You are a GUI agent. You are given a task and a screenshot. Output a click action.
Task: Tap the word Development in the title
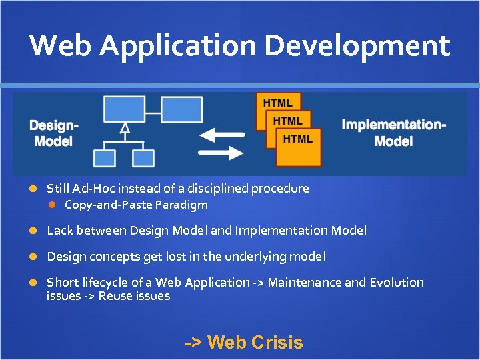pyautogui.click(x=357, y=45)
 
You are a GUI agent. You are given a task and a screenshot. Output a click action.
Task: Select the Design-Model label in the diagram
pyautogui.click(x=53, y=133)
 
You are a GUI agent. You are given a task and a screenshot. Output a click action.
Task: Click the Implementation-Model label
pyautogui.click(x=393, y=133)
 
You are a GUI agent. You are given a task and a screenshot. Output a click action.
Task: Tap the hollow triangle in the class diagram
pyautogui.click(x=124, y=128)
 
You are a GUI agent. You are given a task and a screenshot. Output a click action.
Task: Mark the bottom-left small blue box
pyautogui.click(x=105, y=158)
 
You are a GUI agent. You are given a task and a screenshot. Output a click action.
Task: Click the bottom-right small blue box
pyautogui.click(x=143, y=158)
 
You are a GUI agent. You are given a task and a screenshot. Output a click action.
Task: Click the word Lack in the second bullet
pyautogui.click(x=61, y=231)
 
